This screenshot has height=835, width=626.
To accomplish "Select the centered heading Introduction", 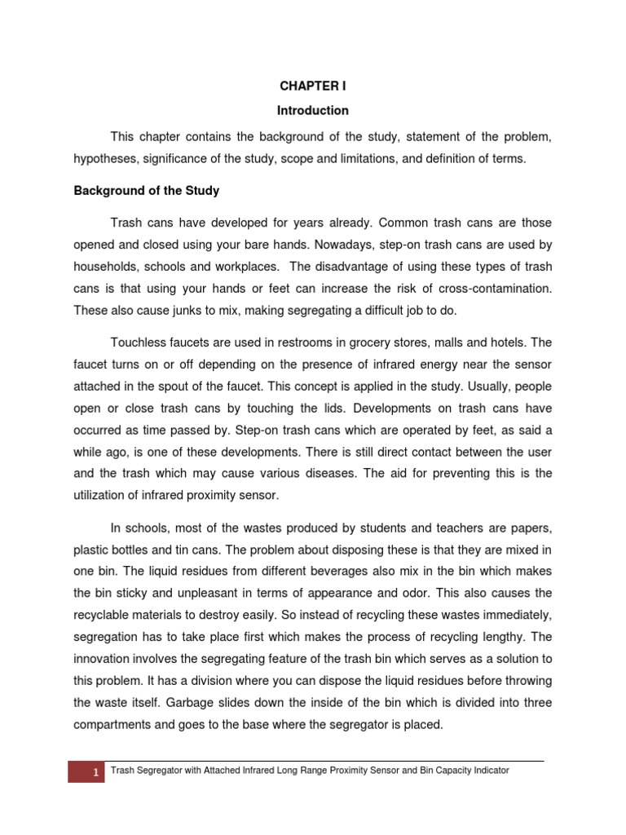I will tap(313, 110).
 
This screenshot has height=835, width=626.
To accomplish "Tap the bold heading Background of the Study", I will tap(147, 191).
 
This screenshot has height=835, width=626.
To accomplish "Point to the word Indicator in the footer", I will tap(488, 771).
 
